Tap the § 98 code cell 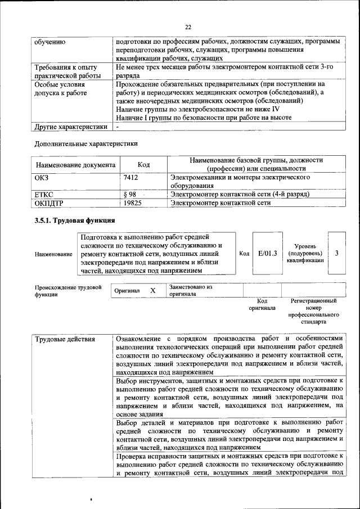[x=130, y=194]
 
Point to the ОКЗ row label [x=43, y=177]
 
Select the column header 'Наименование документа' [x=76, y=165]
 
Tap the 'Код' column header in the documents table [x=143, y=165]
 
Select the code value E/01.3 [x=268, y=253]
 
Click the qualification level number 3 [x=336, y=253]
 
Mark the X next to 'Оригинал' [x=152, y=290]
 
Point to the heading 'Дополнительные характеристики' [x=86, y=143]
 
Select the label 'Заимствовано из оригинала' [x=191, y=290]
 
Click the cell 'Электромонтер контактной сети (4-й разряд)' [x=240, y=194]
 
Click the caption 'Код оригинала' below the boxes [x=262, y=304]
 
